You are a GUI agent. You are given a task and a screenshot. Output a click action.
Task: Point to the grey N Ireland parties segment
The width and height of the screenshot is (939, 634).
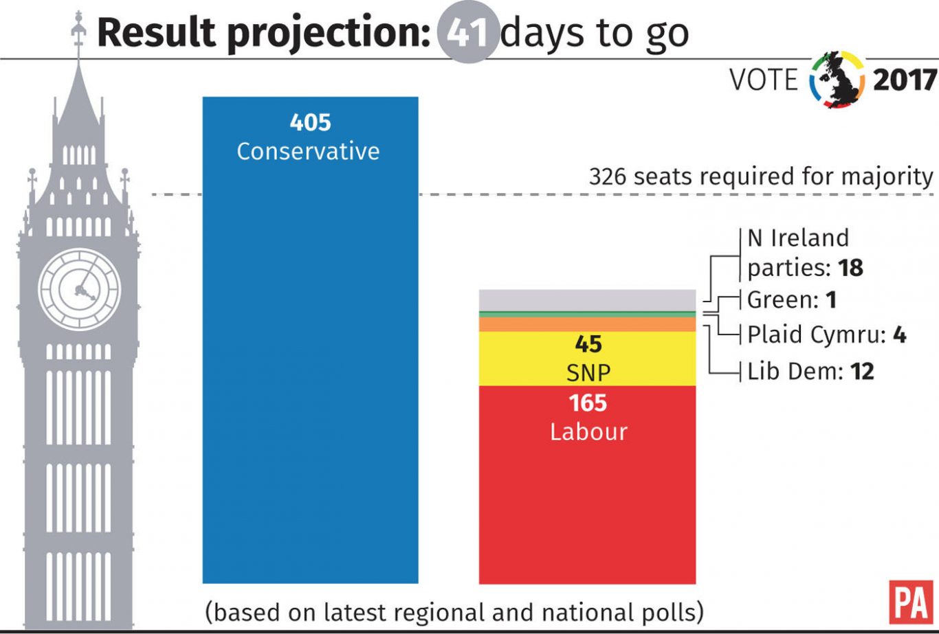coord(586,299)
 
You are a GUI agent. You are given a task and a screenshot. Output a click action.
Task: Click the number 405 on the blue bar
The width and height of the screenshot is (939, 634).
coord(310,123)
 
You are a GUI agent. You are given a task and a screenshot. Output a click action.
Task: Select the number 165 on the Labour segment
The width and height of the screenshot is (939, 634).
coord(588,403)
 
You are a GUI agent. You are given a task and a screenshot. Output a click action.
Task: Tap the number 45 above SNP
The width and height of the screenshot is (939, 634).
coord(588,344)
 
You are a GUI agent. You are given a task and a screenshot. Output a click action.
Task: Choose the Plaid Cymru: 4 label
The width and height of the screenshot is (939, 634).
coord(826,335)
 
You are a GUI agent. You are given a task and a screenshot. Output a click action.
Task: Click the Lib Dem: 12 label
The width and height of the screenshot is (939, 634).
coord(810,372)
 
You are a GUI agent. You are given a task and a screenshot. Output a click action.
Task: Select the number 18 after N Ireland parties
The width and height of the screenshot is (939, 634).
coord(850,267)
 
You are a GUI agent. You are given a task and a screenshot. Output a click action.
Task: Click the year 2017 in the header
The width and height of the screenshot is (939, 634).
coord(904,81)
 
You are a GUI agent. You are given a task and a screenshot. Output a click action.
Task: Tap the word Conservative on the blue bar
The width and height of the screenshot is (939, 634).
coord(308,151)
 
